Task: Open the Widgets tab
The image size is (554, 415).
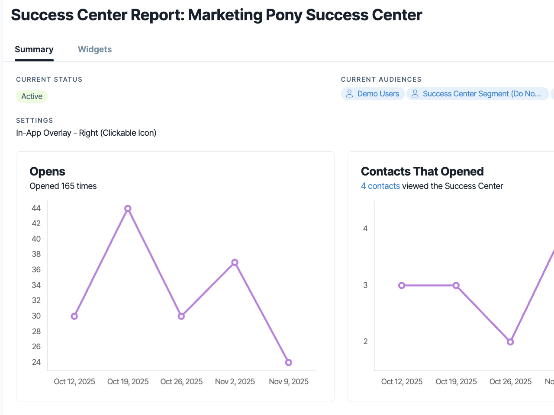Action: click(x=95, y=49)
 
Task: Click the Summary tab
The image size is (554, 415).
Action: click(x=34, y=49)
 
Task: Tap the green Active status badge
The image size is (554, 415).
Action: click(x=32, y=96)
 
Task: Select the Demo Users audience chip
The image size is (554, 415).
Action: click(x=373, y=94)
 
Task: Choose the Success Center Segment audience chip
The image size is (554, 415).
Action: click(x=477, y=94)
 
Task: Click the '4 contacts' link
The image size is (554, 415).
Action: click(x=380, y=186)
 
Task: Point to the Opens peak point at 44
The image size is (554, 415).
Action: click(x=128, y=208)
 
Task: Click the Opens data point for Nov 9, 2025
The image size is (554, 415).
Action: click(x=289, y=362)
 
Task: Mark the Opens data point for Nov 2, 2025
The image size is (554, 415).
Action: click(x=235, y=262)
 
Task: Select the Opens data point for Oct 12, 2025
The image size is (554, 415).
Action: click(x=74, y=316)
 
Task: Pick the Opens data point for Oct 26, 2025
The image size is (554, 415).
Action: click(x=181, y=316)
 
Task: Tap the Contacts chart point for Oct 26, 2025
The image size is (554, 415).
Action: click(x=510, y=342)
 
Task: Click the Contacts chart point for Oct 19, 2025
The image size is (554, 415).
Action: click(x=456, y=285)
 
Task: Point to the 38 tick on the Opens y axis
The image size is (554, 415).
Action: click(x=36, y=254)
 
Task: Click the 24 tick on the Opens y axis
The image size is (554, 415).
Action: click(x=36, y=362)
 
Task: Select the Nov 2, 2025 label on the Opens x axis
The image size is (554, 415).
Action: click(x=235, y=381)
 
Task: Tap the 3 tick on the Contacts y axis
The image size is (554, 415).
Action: click(x=365, y=285)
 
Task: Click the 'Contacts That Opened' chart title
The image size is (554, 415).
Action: click(x=422, y=171)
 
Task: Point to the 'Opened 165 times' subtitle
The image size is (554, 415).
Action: click(x=63, y=186)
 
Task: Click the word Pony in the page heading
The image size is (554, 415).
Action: click(x=284, y=15)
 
